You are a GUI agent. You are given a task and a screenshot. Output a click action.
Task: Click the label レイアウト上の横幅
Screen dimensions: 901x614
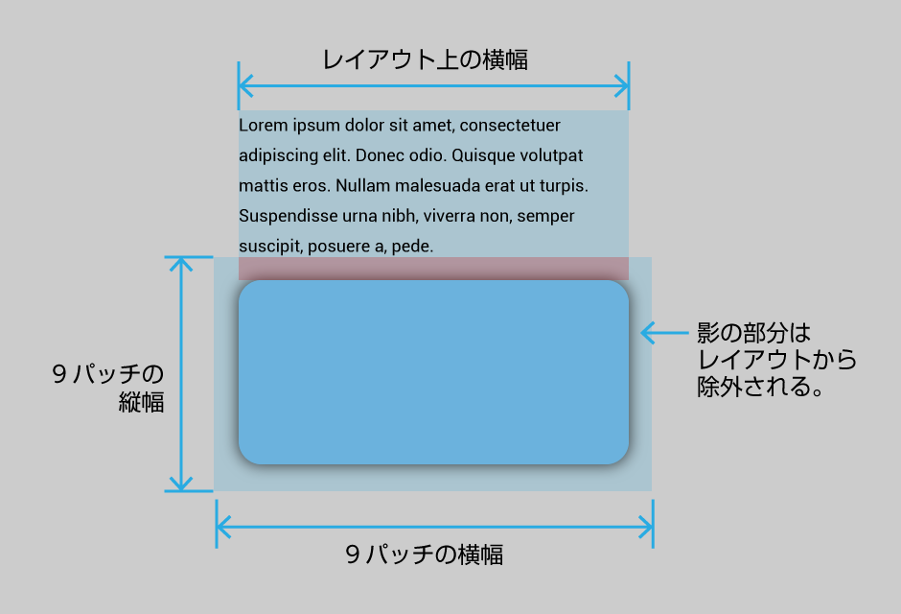tap(425, 59)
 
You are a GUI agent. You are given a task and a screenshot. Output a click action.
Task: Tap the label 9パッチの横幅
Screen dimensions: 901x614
tap(425, 555)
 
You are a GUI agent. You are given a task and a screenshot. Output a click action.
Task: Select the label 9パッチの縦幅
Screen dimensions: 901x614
tap(108, 388)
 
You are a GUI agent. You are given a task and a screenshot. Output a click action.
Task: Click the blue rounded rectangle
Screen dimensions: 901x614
tap(433, 372)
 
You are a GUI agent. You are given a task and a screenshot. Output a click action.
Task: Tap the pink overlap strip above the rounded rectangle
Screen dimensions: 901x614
tap(433, 269)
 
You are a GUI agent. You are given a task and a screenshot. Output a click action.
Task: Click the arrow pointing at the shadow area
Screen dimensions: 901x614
tap(664, 332)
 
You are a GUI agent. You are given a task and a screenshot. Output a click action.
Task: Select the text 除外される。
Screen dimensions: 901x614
tap(761, 387)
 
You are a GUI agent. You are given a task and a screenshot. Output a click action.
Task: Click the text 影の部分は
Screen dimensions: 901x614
tap(754, 332)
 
